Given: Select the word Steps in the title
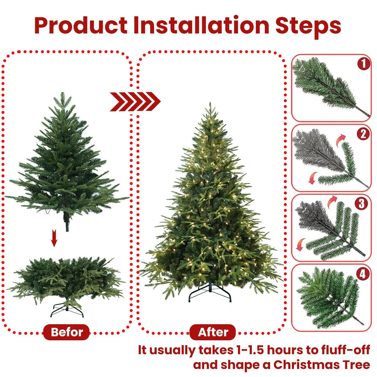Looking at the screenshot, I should pos(308,26).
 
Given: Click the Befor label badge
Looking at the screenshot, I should pos(67,332).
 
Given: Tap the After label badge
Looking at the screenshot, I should pos(213,332).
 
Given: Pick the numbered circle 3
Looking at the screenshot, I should pos(361,204).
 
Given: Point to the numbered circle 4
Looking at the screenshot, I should pos(363,275).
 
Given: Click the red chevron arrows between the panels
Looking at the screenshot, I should pos(135,101).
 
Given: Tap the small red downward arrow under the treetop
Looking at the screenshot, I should pos(54,238).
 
